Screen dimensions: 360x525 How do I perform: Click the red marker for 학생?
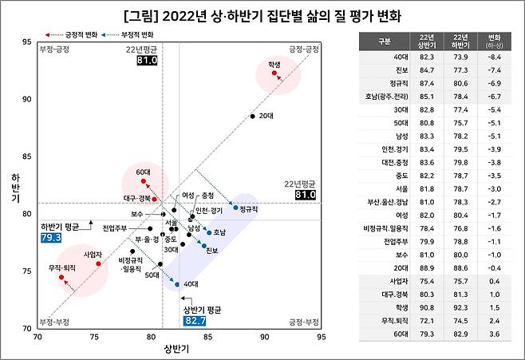tap(274, 73)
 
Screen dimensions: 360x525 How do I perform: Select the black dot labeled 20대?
tap(252, 117)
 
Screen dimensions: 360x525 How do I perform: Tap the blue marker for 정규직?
tap(235, 208)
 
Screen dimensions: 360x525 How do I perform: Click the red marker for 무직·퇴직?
tap(61, 277)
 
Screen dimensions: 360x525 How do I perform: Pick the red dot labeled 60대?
tap(144, 181)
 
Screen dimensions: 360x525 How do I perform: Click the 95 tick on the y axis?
tap(26, 42)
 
